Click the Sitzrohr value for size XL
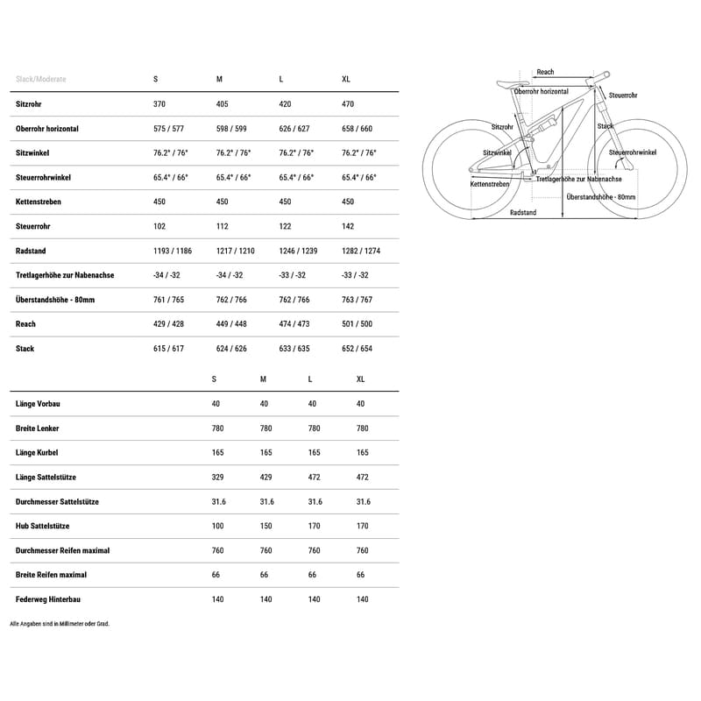348,103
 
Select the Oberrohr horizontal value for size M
231,128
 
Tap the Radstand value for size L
298,251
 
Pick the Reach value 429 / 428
168,324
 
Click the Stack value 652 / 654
357,349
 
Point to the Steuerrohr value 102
159,226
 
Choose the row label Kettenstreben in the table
39,202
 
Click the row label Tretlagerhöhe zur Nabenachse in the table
65,275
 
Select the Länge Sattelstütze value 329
217,478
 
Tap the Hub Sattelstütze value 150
266,526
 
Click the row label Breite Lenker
38,428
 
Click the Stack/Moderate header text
41,79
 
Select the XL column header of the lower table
362,379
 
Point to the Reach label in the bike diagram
545,73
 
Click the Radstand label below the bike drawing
523,213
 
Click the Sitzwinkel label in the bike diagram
497,152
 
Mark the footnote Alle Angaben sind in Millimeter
60,624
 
